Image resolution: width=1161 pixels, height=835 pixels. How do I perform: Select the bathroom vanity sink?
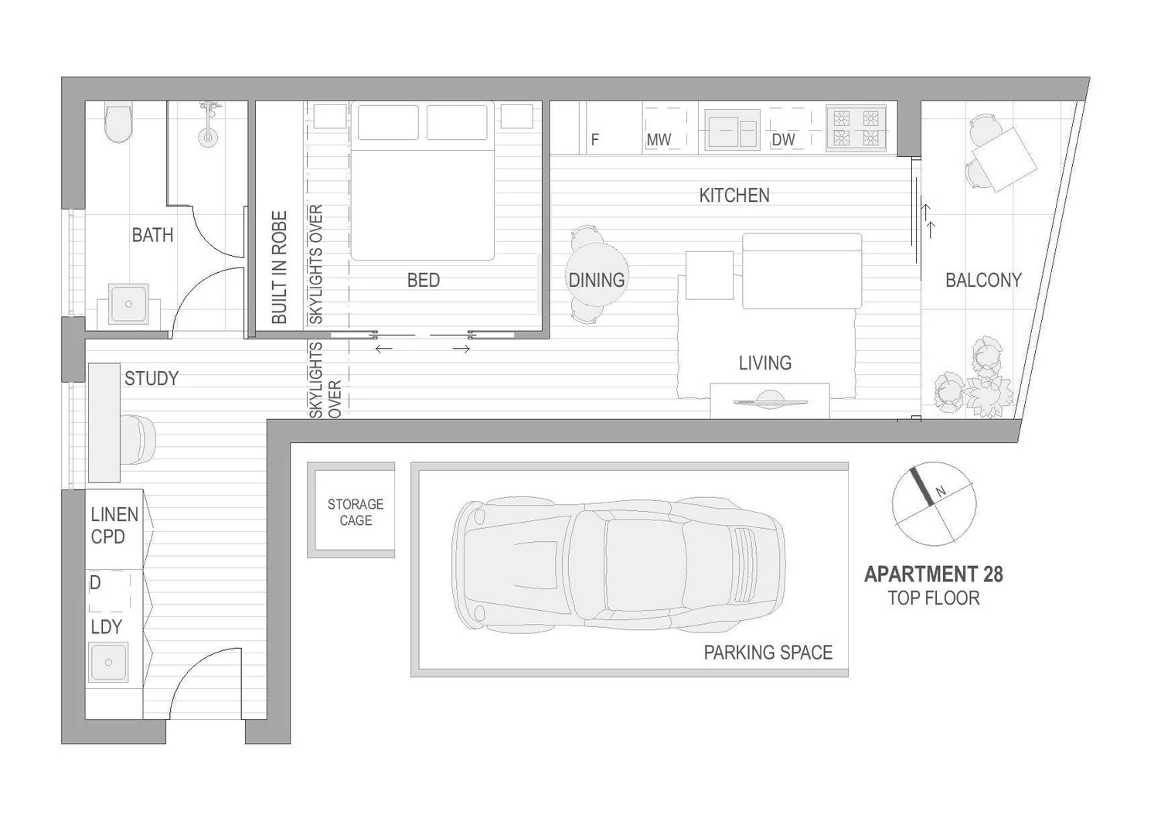(x=128, y=304)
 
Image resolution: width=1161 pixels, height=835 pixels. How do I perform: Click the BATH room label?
(x=152, y=235)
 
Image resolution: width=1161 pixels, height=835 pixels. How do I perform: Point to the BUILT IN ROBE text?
(x=279, y=268)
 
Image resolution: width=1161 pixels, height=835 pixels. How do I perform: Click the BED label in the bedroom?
(x=423, y=280)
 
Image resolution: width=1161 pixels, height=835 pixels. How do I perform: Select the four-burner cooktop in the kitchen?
(x=856, y=128)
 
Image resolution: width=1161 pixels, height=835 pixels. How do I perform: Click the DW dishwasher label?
(x=783, y=140)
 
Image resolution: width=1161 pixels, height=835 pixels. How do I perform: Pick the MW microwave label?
(x=659, y=140)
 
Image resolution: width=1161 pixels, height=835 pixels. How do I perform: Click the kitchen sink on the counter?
(x=731, y=130)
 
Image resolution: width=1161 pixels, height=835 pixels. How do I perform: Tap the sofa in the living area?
(x=802, y=271)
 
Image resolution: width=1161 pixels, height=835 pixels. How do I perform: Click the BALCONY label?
(x=983, y=280)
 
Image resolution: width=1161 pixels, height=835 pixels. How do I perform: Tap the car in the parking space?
(x=618, y=562)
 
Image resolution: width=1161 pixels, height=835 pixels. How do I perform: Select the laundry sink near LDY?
(x=108, y=663)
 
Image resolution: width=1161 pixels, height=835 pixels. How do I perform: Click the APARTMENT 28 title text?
(x=933, y=574)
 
